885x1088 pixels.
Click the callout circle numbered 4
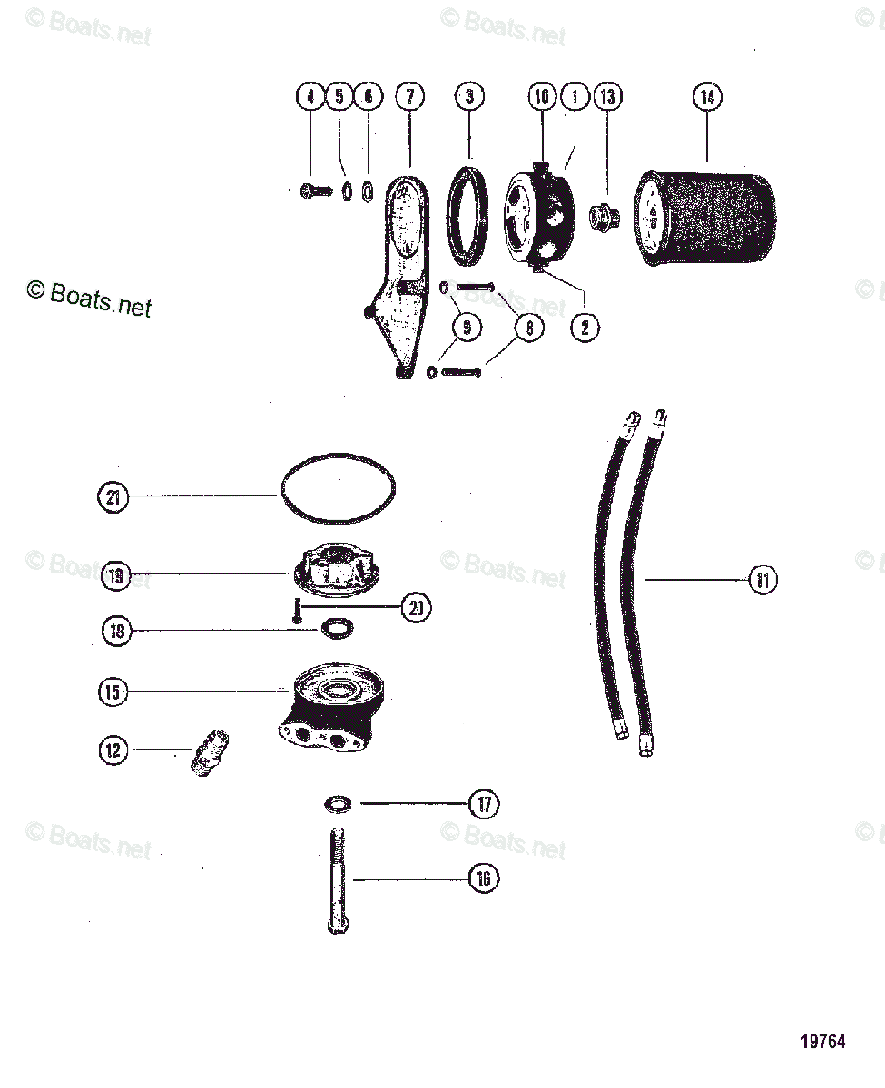pos(310,96)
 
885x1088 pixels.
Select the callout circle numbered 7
pos(409,96)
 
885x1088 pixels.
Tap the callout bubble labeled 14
pos(707,96)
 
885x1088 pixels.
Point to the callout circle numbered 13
pos(607,96)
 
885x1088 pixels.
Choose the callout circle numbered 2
pos(585,327)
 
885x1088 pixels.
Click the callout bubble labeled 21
pos(113,497)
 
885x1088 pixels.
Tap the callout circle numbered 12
pos(113,750)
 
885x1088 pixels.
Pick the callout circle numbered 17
pos(484,804)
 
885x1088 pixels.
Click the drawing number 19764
pos(822,1042)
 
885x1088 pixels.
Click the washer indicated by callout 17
pos(338,804)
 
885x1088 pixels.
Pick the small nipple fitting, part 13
pos(601,218)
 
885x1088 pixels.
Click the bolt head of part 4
pos(306,191)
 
